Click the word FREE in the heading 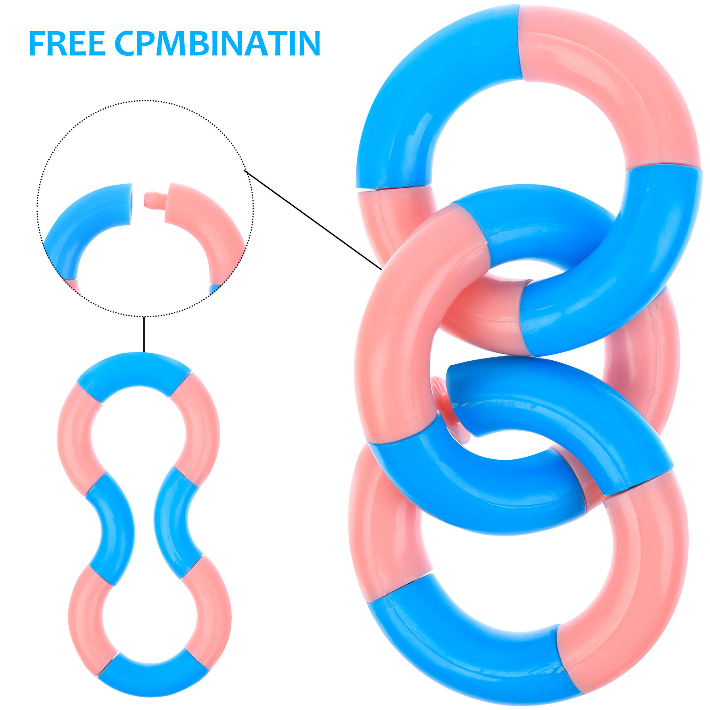point(67,43)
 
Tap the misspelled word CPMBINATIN point(217,43)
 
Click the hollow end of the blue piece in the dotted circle point(129,204)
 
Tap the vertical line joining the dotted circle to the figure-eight point(144,335)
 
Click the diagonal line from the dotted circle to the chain point(312,220)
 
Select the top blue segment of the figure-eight point(134,374)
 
